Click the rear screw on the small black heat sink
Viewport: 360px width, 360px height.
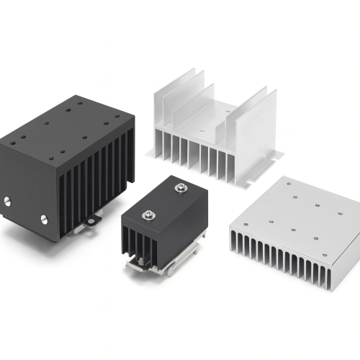tap(179, 189)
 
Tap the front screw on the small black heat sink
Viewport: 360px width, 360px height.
tap(148, 214)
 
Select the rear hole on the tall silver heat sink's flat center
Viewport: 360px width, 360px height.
tap(229, 113)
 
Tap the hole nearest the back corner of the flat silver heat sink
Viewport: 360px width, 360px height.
tap(289, 184)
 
